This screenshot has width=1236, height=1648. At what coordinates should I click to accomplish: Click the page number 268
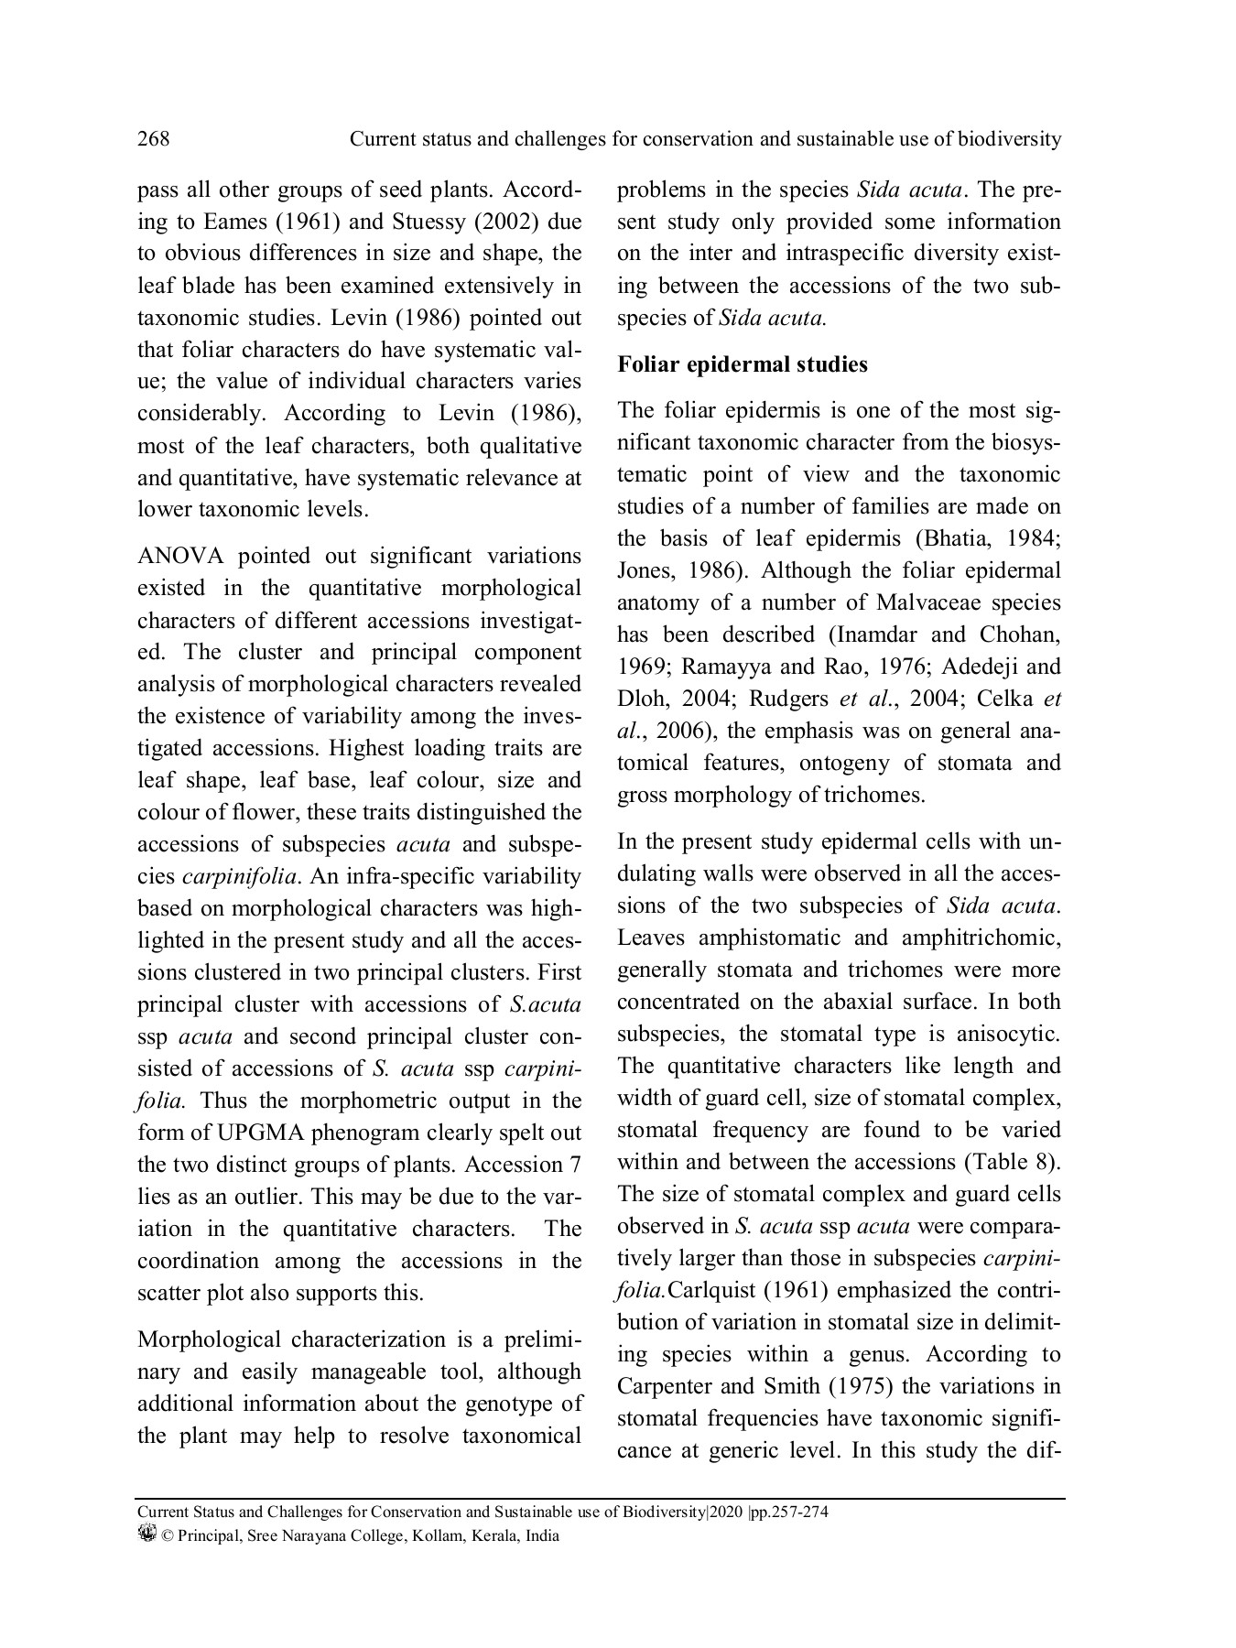pos(153,139)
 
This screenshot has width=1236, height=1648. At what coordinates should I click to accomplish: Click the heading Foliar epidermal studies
pos(743,364)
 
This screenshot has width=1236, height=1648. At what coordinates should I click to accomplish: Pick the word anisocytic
pos(1008,1034)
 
